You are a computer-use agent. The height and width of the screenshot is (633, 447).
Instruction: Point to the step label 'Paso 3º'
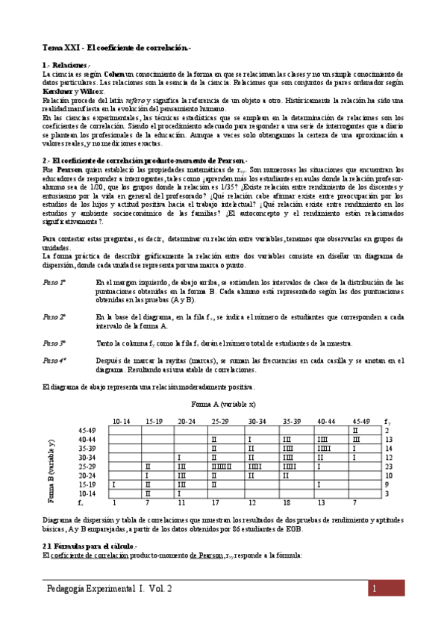(54, 343)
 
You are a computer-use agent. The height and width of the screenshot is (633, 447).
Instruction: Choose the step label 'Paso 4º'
(54, 361)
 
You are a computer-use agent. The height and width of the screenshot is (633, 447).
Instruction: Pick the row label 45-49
(87, 431)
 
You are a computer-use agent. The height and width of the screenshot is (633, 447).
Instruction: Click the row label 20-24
(87, 475)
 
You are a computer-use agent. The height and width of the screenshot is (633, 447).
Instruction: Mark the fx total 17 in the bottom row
(215, 502)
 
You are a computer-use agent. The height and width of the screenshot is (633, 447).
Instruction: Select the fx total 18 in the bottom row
(287, 502)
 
